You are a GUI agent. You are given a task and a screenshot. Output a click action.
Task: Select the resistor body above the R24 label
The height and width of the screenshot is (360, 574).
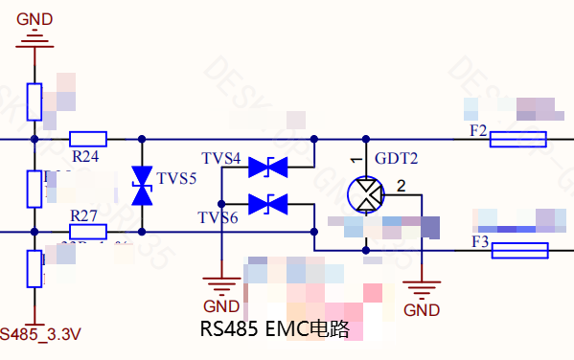88,139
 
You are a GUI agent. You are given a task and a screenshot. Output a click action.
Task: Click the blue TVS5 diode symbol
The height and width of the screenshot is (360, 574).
142,185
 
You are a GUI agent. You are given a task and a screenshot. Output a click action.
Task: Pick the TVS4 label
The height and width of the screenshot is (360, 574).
221,158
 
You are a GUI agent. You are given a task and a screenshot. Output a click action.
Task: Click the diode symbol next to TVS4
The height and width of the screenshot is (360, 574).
268,168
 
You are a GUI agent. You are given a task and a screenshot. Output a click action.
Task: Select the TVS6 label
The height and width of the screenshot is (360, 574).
219,218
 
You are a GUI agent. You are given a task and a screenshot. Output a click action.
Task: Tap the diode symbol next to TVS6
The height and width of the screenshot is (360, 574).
268,203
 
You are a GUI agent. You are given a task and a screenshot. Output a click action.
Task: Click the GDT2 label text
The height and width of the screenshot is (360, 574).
397,159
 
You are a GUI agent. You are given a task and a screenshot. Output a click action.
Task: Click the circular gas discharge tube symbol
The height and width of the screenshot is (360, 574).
365,195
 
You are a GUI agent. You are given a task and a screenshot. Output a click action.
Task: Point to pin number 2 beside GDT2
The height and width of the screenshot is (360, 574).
401,186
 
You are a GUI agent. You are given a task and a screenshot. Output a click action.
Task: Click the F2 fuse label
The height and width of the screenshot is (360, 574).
478,130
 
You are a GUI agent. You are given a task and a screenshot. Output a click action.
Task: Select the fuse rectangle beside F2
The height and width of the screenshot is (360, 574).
517,140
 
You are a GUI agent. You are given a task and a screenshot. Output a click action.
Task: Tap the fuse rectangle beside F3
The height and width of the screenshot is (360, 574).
518,251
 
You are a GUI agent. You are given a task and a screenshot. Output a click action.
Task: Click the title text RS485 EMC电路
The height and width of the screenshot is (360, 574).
274,329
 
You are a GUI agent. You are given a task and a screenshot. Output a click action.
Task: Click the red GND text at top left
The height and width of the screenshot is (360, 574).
34,19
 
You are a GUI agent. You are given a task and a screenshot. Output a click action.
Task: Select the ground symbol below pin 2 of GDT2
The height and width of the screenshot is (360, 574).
421,288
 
